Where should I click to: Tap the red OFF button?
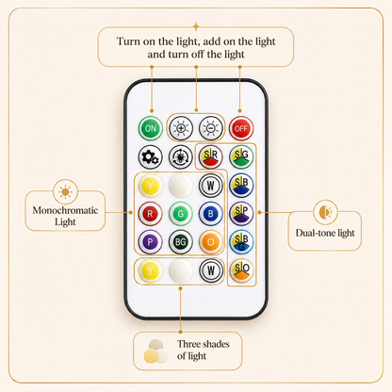241,128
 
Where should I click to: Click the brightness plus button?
181,128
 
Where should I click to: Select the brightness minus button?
211,128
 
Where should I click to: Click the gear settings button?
150,156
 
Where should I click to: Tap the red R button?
150,214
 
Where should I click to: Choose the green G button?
181,214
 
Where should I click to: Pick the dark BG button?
181,242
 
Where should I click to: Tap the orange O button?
211,242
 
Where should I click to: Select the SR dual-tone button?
211,156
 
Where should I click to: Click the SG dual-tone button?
241,156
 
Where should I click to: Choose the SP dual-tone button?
241,214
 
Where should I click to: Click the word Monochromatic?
65,210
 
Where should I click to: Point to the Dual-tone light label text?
325,233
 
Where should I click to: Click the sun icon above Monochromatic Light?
65,191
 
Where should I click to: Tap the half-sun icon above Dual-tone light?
326,212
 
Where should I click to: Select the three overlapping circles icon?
156,351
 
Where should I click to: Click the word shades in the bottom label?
214,344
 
